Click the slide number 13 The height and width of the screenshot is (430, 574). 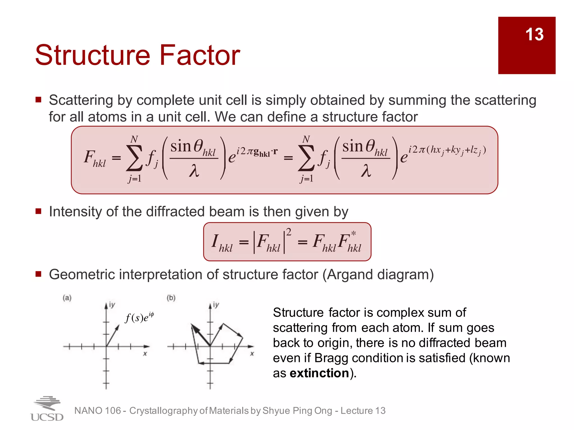[534, 34]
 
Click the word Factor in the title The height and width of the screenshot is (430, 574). [200, 55]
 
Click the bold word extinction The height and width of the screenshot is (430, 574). [319, 373]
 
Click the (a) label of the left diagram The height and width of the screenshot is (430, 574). [67, 298]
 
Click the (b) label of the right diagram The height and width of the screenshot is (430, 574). [171, 298]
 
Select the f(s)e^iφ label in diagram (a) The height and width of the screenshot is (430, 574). [139, 317]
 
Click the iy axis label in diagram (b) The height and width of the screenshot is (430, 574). [216, 305]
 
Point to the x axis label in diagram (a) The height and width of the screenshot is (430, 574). [145, 354]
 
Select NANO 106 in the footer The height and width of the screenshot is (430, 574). [97, 411]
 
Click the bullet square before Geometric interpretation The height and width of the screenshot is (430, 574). [38, 274]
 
